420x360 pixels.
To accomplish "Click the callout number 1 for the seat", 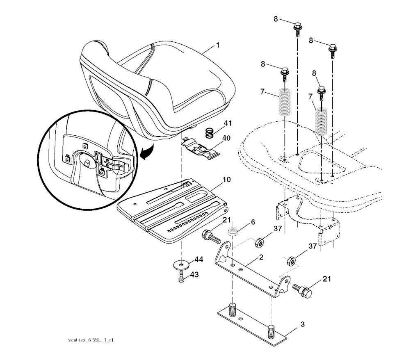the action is (218, 45).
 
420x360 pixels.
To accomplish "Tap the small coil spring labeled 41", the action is (210, 133).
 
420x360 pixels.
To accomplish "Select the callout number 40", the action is (226, 138).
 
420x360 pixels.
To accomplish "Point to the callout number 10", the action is (226, 179).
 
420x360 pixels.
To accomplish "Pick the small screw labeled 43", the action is (181, 277).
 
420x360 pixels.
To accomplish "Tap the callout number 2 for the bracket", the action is (261, 257).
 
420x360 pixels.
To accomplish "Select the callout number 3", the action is (303, 324).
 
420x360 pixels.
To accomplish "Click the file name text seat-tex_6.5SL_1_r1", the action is (91, 340).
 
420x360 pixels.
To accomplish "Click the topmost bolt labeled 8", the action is (297, 30).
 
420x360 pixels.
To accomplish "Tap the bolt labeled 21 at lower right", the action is (303, 290).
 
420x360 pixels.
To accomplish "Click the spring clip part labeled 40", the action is (201, 147).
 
